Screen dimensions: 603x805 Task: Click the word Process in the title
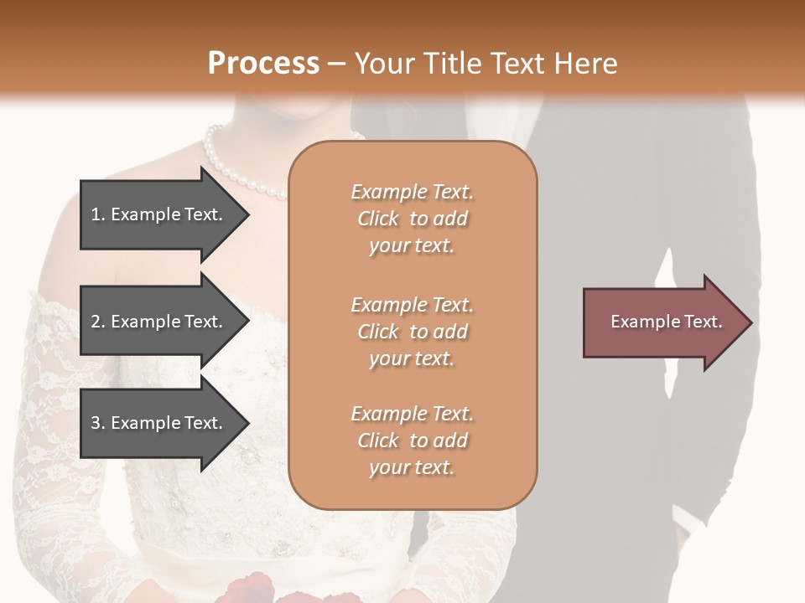pyautogui.click(x=263, y=64)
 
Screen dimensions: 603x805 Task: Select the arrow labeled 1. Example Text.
pyautogui.click(x=159, y=214)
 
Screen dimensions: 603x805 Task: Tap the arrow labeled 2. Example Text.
pyautogui.click(x=159, y=322)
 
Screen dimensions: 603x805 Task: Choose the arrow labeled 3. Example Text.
pyautogui.click(x=159, y=423)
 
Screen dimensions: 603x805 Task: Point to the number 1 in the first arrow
pyautogui.click(x=96, y=214)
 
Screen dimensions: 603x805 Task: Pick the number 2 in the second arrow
pyautogui.click(x=96, y=322)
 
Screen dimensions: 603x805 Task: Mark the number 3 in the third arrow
pyautogui.click(x=96, y=423)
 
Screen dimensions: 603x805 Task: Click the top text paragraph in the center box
pyautogui.click(x=412, y=219)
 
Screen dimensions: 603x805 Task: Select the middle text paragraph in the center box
pyautogui.click(x=412, y=332)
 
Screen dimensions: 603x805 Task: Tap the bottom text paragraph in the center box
pyautogui.click(x=412, y=441)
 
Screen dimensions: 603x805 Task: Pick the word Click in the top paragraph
pyautogui.click(x=378, y=219)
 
